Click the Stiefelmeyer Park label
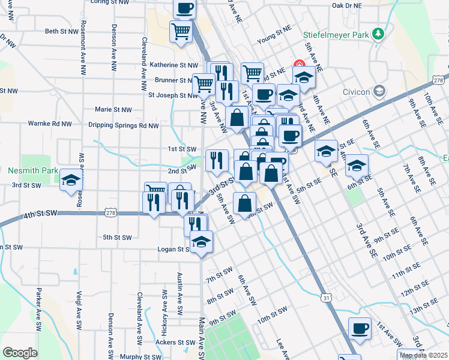pyautogui.click(x=336, y=35)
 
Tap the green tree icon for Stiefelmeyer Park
pyautogui.click(x=378, y=33)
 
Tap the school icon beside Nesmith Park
pyautogui.click(x=70, y=180)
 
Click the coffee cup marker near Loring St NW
pyautogui.click(x=184, y=8)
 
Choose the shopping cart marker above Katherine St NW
pyautogui.click(x=181, y=31)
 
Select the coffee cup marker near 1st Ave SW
pyautogui.click(x=360, y=329)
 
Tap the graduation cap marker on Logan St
pyautogui.click(x=201, y=241)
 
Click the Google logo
pyautogui.click(x=20, y=353)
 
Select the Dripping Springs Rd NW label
pyautogui.click(x=124, y=125)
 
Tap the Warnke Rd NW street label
pyautogui.click(x=50, y=124)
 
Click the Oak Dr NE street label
pyautogui.click(x=347, y=5)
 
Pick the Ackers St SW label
pyautogui.click(x=174, y=343)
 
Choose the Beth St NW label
pyautogui.click(x=62, y=31)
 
